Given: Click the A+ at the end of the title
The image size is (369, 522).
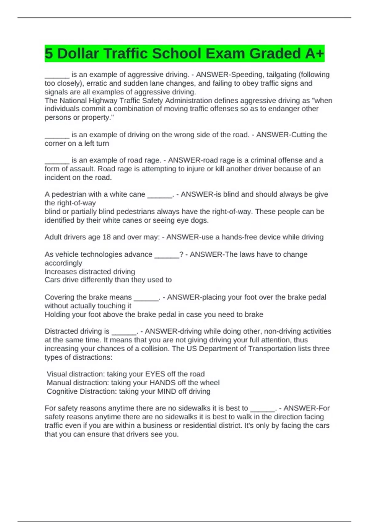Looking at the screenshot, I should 315,54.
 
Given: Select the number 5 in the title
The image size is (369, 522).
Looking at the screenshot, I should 49,54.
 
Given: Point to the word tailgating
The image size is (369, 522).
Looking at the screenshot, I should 281,75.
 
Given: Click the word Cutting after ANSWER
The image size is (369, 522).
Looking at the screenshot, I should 303,134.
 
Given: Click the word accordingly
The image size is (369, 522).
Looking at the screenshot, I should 63,263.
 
